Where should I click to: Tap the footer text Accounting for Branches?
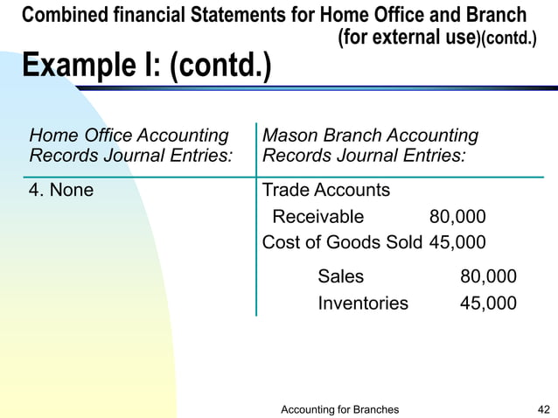pos(340,409)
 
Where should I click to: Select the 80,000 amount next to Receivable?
pos(457,217)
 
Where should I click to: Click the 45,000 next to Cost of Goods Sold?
pos(457,242)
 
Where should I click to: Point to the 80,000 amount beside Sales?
pos(488,277)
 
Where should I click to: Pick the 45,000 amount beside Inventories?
pos(488,303)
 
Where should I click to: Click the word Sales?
pos(341,277)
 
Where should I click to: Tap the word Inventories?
pos(362,303)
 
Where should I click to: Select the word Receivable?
pos(317,217)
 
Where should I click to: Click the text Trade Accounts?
pos(326,190)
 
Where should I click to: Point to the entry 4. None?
pos(61,190)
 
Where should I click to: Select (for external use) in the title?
pos(407,38)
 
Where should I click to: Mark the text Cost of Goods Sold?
pos(342,242)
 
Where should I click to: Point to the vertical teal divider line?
pos(256,219)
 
